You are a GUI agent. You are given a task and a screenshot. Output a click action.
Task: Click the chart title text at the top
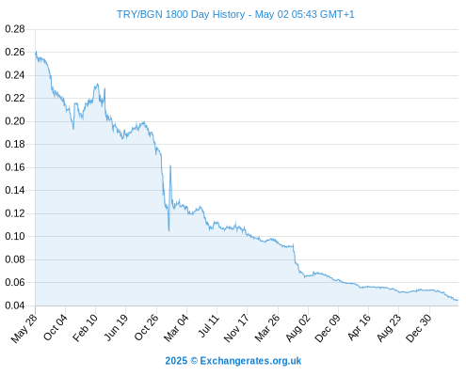coord(235,14)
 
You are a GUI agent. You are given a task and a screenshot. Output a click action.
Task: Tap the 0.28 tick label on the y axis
coord(15,29)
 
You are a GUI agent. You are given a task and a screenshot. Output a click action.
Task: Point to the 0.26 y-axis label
coord(15,52)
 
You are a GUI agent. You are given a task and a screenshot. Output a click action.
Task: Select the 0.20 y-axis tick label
coord(15,121)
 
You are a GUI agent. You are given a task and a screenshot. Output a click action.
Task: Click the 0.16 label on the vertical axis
coord(15,167)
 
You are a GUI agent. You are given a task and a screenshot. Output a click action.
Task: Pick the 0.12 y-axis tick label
coord(15,213)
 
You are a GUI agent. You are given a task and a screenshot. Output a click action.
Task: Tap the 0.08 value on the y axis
coord(15,259)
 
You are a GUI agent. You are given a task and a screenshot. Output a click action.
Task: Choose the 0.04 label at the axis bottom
coord(15,305)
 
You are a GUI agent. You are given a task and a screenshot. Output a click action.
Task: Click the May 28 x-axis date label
coord(24,328)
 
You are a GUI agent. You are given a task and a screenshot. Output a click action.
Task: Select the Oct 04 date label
coord(55,327)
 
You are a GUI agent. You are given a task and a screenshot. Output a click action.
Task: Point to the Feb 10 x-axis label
coord(85,328)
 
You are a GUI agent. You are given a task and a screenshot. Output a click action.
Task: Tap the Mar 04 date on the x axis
coord(176,328)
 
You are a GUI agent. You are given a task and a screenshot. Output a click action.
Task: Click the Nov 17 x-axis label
coord(236,328)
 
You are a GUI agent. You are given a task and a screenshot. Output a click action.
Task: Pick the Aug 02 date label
coord(297,328)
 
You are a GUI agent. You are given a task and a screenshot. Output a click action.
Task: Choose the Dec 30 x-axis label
coord(419,328)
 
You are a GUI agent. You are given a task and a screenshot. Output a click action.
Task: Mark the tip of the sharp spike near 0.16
coord(170,165)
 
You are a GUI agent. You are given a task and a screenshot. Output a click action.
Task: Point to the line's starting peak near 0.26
coord(36,52)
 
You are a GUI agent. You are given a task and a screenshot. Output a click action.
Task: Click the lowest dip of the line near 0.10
coord(169,231)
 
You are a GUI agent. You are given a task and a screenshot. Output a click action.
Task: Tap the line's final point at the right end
coord(458,301)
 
